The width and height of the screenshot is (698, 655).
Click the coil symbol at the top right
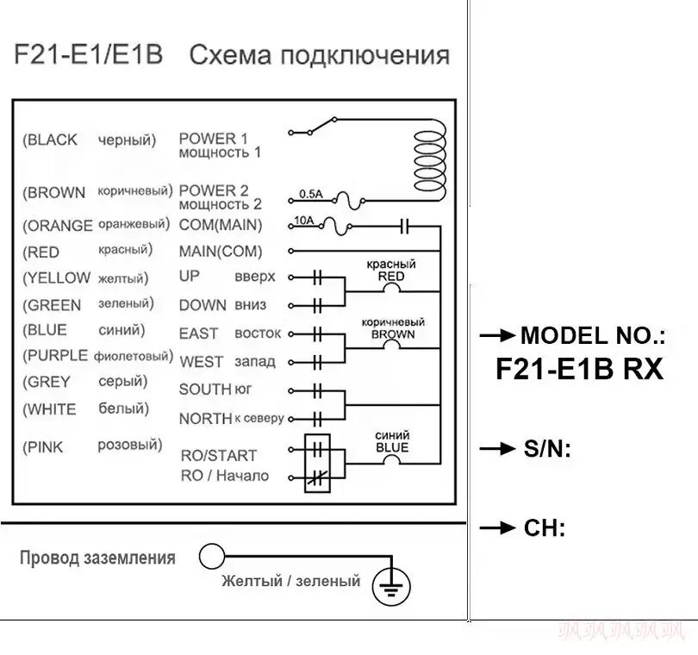tap(430, 160)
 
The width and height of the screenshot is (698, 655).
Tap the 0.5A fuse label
tap(311, 194)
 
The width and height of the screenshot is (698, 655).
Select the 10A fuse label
tap(304, 221)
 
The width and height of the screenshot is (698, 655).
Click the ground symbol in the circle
tap(391, 586)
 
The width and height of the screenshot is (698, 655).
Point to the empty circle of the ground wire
tap(211, 556)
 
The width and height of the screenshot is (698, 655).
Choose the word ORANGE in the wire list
tap(60, 226)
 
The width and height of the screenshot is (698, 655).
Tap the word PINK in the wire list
tap(45, 447)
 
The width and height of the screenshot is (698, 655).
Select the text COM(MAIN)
tap(221, 225)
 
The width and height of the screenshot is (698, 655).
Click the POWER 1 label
tap(213, 139)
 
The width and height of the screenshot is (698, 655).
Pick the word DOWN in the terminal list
tap(203, 305)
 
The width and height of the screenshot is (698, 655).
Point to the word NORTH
tap(206, 419)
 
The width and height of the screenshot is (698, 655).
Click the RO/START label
tap(219, 456)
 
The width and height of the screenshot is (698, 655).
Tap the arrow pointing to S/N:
tap(498, 448)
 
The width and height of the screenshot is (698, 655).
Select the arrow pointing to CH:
tap(498, 528)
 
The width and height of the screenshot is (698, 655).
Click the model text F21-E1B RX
tap(580, 369)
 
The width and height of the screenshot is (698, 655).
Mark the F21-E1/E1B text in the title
tap(89, 54)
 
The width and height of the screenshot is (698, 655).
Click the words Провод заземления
tap(97, 558)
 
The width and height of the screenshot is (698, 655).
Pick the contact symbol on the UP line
tap(317, 278)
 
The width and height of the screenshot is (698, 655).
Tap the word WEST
tap(201, 362)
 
